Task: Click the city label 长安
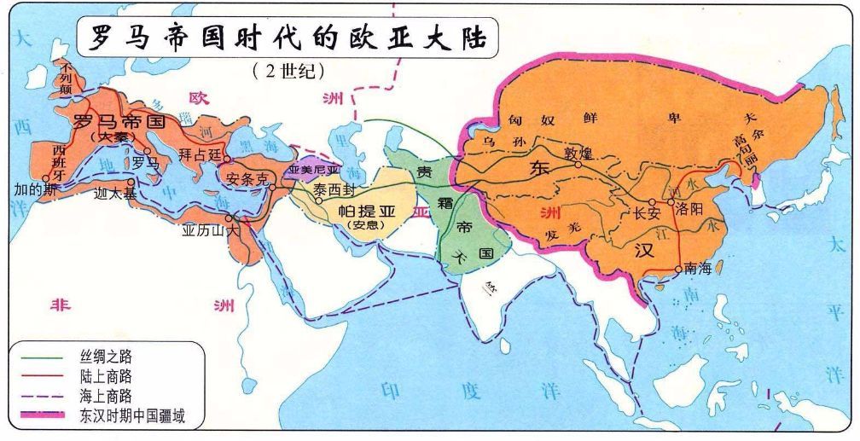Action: (648, 213)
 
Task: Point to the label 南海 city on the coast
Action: (698, 268)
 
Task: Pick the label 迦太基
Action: (109, 194)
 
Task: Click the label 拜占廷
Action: (200, 154)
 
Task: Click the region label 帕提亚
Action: (368, 211)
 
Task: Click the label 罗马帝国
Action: (119, 121)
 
